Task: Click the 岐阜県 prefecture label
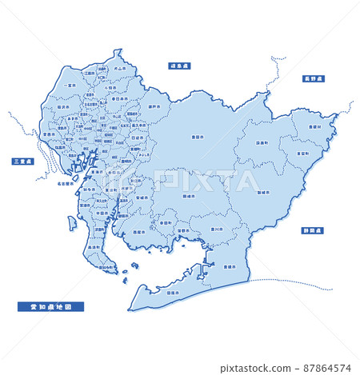[x=179, y=66]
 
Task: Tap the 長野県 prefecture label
[x=312, y=78]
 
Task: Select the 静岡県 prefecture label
[x=313, y=230]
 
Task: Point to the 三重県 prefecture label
[x=22, y=162]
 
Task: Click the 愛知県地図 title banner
[x=50, y=305]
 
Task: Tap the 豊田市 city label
[x=196, y=137]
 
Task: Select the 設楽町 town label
[x=262, y=143]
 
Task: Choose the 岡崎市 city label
[x=189, y=194]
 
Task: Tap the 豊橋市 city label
[x=229, y=266]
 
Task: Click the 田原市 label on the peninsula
[x=172, y=293]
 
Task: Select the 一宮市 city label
[x=70, y=86]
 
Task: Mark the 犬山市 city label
[x=120, y=70]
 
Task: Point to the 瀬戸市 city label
[x=153, y=106]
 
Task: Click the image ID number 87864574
[x=328, y=369]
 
